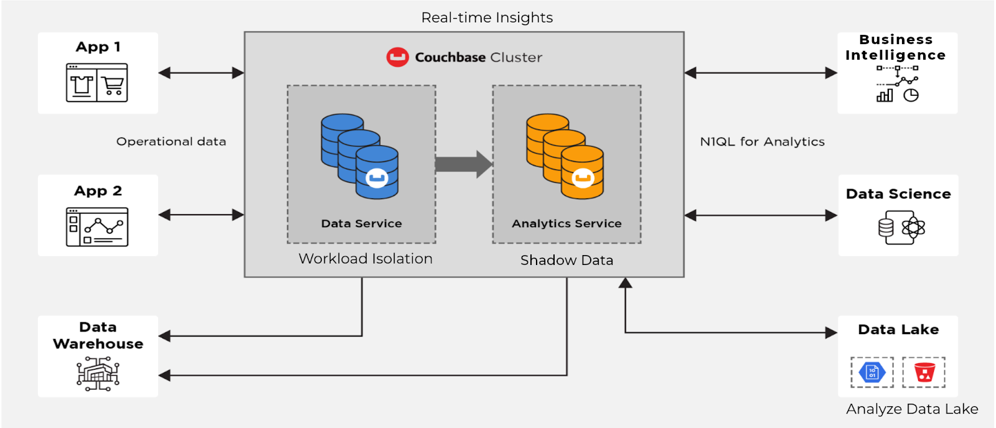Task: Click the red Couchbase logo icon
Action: pyautogui.click(x=397, y=57)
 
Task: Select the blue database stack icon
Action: pyautogui.click(x=360, y=156)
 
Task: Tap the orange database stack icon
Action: pyautogui.click(x=565, y=156)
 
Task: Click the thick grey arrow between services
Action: pyautogui.click(x=463, y=164)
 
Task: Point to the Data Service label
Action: pyautogui.click(x=361, y=223)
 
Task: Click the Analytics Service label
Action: pyautogui.click(x=566, y=223)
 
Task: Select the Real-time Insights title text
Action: pyautogui.click(x=487, y=17)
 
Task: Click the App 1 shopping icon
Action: pyautogui.click(x=97, y=83)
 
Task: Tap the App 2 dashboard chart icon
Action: pyautogui.click(x=97, y=227)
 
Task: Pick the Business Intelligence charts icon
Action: pyautogui.click(x=897, y=84)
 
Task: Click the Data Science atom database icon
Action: pyautogui.click(x=901, y=228)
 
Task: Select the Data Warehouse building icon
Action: pyautogui.click(x=98, y=374)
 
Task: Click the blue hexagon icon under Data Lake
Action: pyautogui.click(x=872, y=372)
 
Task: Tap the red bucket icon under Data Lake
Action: pyautogui.click(x=924, y=372)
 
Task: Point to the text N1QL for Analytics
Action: pyautogui.click(x=762, y=142)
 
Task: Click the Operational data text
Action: pyautogui.click(x=171, y=142)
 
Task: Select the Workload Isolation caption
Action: pyautogui.click(x=365, y=259)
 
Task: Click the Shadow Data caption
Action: pyautogui.click(x=566, y=260)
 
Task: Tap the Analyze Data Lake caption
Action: pyautogui.click(x=912, y=409)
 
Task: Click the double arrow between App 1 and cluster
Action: pyautogui.click(x=201, y=73)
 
